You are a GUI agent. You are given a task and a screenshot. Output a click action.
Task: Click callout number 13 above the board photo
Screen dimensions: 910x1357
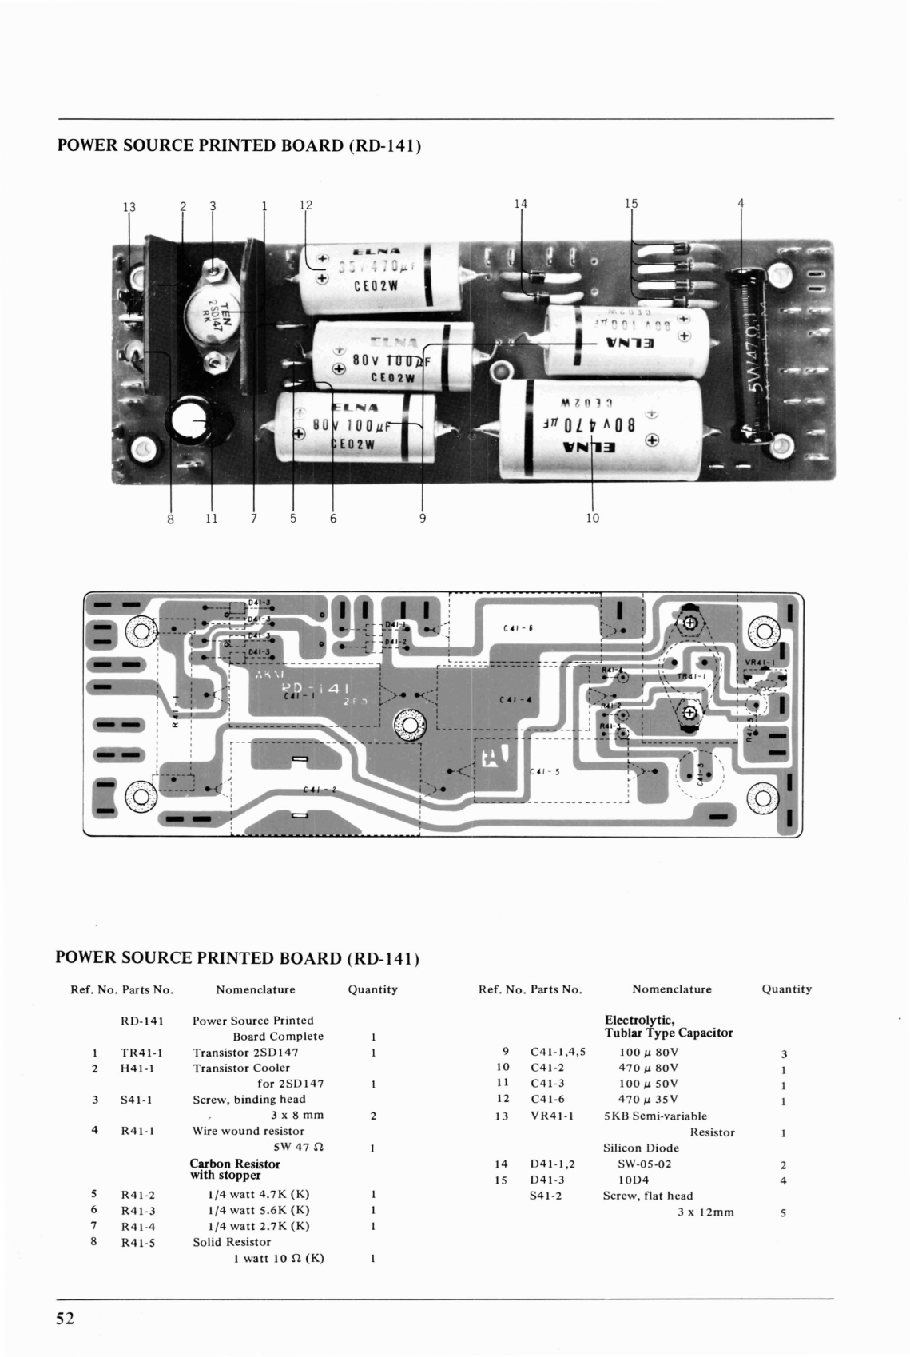click(x=129, y=207)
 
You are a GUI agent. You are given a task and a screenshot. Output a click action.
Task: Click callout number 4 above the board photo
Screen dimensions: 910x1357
click(x=741, y=203)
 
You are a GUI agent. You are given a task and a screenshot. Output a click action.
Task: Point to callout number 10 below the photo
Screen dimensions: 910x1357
click(x=592, y=519)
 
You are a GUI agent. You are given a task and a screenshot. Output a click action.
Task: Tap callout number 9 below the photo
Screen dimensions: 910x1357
click(x=423, y=519)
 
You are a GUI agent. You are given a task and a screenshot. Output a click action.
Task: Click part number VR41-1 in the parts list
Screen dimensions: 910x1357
click(x=552, y=1116)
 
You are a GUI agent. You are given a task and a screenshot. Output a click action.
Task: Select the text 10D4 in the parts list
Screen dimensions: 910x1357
click(x=634, y=1180)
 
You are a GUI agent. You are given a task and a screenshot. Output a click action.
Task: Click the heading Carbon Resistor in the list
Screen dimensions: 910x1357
click(x=235, y=1164)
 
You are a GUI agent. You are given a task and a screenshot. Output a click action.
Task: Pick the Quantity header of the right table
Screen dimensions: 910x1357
click(x=786, y=989)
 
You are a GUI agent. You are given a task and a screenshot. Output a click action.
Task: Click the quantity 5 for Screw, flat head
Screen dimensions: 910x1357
click(x=783, y=1212)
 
